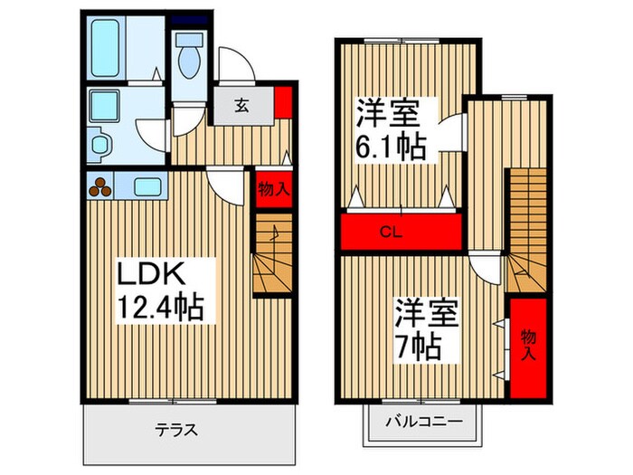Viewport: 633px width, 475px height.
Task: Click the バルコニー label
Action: [x=424, y=422]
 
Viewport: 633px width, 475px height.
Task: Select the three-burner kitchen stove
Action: [x=101, y=186]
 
